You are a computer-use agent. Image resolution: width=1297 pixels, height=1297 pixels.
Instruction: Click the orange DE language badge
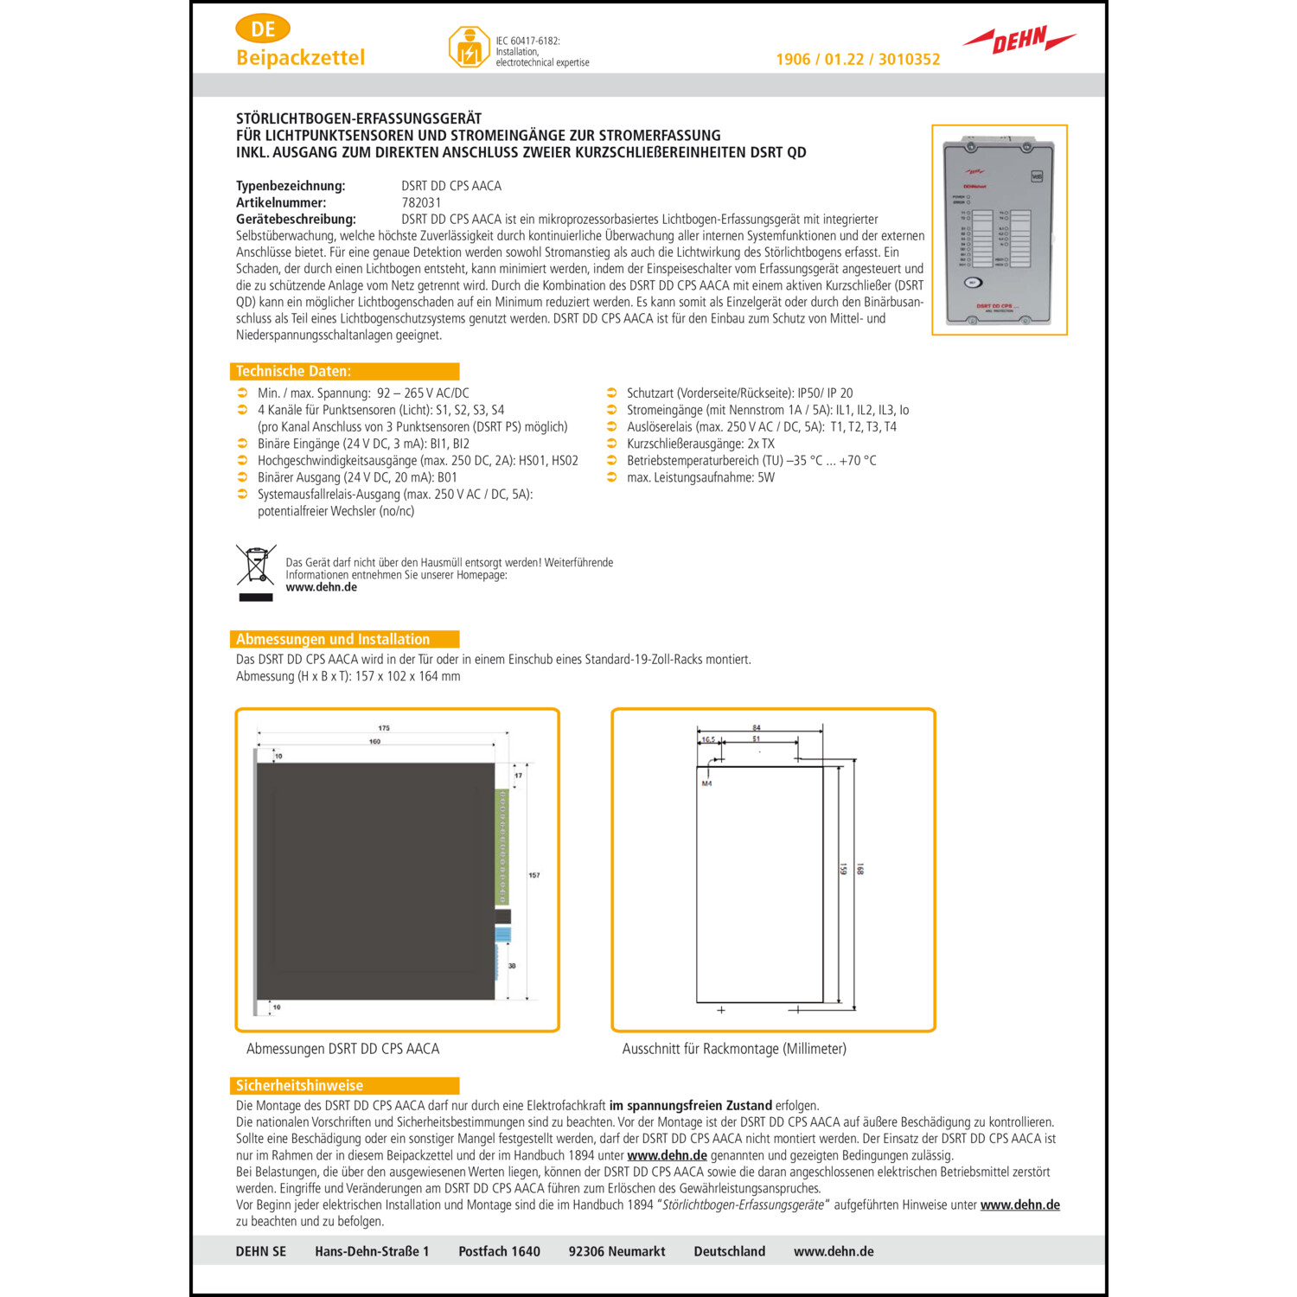[263, 29]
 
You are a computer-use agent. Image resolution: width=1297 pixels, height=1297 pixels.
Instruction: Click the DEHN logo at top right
[1019, 40]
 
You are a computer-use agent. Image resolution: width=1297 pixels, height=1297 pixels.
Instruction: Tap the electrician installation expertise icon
[469, 48]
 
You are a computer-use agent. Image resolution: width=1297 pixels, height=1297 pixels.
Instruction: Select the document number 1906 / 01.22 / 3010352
[858, 60]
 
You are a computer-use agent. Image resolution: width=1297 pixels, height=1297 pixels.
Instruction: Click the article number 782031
[421, 202]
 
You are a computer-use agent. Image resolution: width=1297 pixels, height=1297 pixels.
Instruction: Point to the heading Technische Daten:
[294, 372]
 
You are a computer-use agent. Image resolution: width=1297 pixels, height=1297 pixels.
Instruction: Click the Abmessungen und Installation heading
[333, 640]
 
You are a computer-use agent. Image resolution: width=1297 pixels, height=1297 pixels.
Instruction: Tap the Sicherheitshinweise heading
[300, 1086]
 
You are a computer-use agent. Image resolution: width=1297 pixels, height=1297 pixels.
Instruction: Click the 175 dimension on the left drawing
[384, 728]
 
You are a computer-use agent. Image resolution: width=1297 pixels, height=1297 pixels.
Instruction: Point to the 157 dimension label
[534, 875]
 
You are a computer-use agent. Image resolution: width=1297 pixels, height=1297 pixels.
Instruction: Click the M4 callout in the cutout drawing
[706, 783]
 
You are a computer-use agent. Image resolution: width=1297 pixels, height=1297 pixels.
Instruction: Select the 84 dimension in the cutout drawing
[757, 728]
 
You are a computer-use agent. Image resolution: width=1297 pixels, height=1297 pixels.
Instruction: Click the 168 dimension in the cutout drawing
[859, 869]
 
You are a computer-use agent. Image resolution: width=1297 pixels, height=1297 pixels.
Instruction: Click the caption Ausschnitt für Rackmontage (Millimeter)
[734, 1049]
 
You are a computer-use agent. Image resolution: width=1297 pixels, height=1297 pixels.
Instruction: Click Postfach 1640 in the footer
[499, 1251]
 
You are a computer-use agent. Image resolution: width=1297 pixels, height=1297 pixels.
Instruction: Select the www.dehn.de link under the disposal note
[322, 587]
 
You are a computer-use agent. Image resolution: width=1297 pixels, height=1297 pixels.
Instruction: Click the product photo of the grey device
[999, 230]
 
